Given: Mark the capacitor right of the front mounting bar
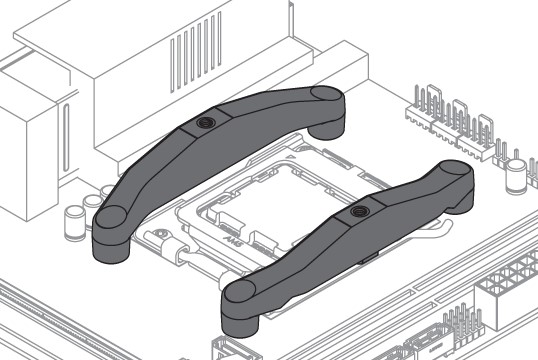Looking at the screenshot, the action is click(x=517, y=176).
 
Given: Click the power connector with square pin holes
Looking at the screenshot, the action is click(x=509, y=286).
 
